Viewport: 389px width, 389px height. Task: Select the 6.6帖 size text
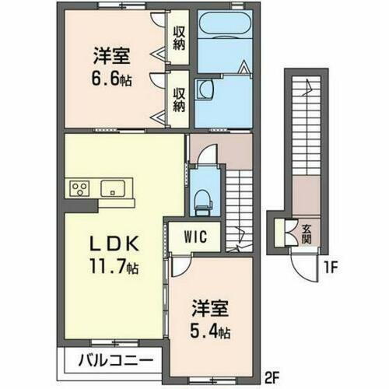point(111,79)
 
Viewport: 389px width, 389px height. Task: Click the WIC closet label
point(195,237)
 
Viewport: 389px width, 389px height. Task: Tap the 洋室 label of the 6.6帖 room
point(111,56)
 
